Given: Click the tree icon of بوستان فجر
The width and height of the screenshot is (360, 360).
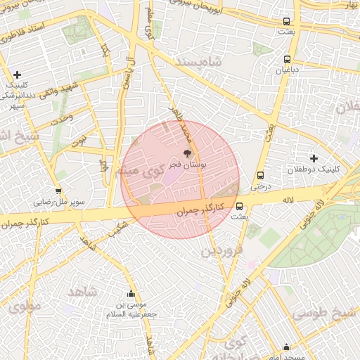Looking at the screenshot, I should pyautogui.click(x=187, y=153).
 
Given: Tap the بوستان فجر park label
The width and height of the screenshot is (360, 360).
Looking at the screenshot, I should pyautogui.click(x=204, y=165).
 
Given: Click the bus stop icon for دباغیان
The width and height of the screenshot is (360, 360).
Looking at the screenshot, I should pyautogui.click(x=287, y=60).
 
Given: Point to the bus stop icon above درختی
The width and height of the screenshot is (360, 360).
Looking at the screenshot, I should pyautogui.click(x=260, y=175).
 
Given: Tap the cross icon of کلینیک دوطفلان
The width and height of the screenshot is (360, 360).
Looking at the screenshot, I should pyautogui.click(x=314, y=158).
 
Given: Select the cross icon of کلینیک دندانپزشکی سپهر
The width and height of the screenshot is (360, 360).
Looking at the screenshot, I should pyautogui.click(x=18, y=75).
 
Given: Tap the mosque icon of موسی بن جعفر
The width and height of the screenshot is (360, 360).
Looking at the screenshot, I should pyautogui.click(x=130, y=294).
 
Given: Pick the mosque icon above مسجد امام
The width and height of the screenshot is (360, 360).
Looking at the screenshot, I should pyautogui.click(x=286, y=347).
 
